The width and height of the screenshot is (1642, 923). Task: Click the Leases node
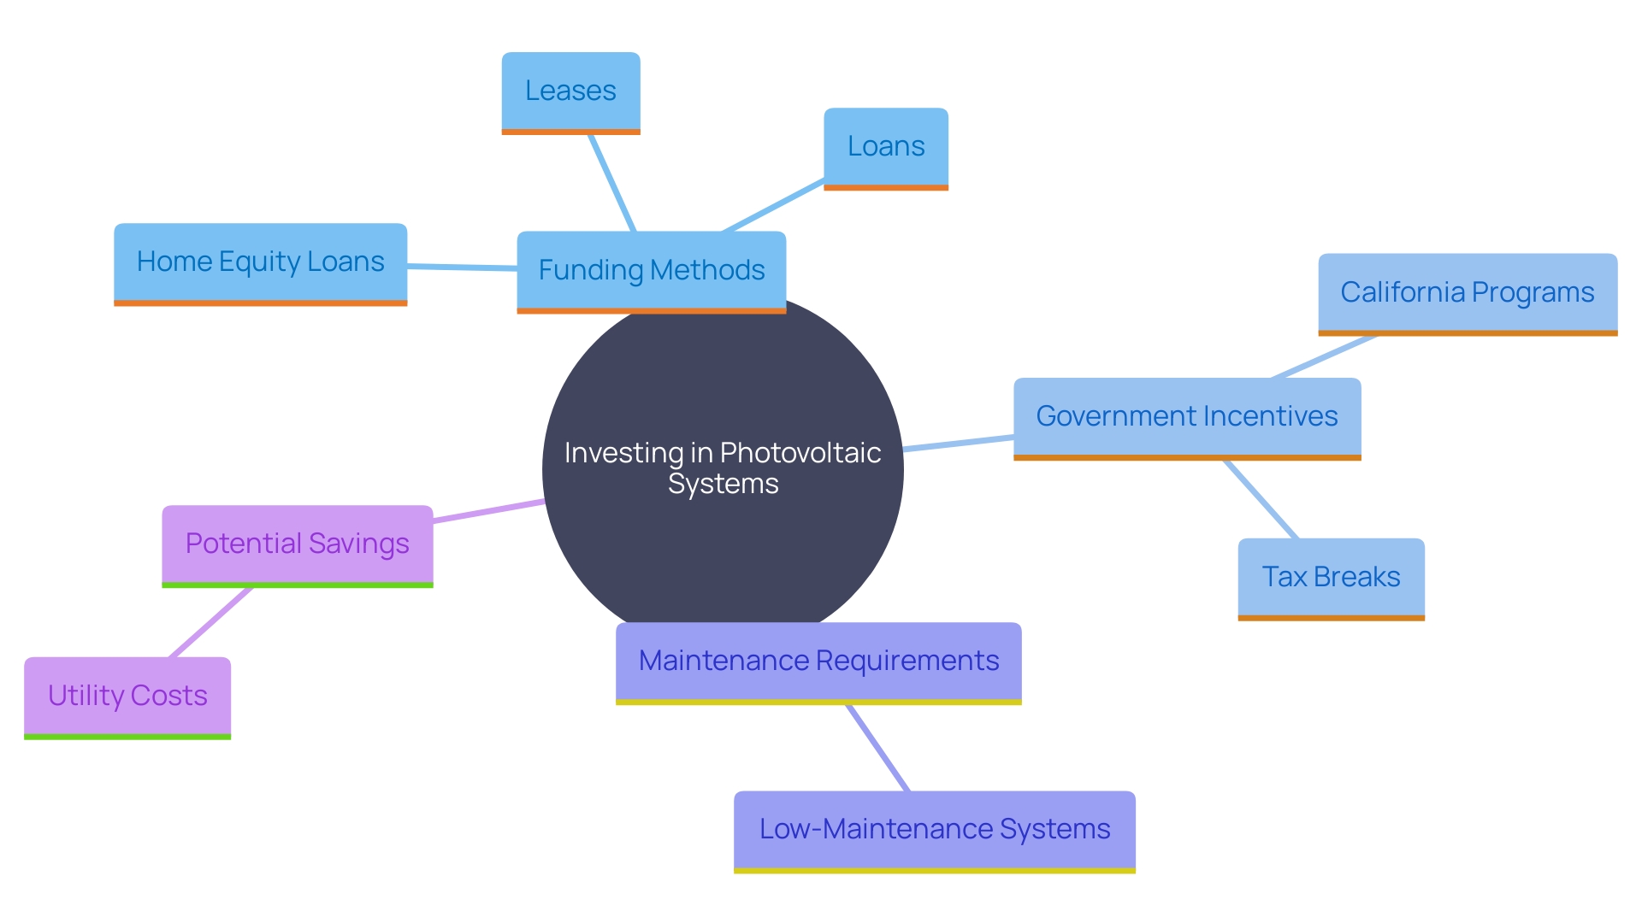click(x=570, y=91)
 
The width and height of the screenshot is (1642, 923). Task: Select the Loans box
click(x=886, y=146)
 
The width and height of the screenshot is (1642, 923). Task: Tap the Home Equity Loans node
click(x=260, y=262)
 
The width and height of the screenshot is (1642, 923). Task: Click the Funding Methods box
click(x=651, y=270)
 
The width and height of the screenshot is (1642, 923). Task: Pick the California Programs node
click(x=1467, y=292)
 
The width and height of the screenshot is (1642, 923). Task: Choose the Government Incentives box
click(x=1186, y=416)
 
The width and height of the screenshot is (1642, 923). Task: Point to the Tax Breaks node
click(x=1331, y=577)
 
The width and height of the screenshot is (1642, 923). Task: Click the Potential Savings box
click(x=297, y=544)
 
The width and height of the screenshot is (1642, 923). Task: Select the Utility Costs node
click(x=127, y=696)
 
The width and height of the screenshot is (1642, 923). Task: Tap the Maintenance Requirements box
click(x=818, y=661)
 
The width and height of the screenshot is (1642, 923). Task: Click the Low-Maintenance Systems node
click(x=934, y=829)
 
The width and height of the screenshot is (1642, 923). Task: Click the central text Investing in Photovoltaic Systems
click(x=723, y=467)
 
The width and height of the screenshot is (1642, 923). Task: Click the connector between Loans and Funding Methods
click(x=773, y=206)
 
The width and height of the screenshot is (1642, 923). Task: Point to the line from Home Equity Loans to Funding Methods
click(x=462, y=267)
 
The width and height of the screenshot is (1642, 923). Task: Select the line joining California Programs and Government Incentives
click(x=1324, y=356)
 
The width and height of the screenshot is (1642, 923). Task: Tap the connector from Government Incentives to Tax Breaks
click(x=1261, y=499)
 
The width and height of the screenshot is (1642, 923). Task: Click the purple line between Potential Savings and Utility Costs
click(x=211, y=622)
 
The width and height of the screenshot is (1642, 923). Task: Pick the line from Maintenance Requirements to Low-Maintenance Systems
click(x=878, y=748)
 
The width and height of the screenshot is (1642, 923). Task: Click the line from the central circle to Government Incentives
click(x=958, y=443)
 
